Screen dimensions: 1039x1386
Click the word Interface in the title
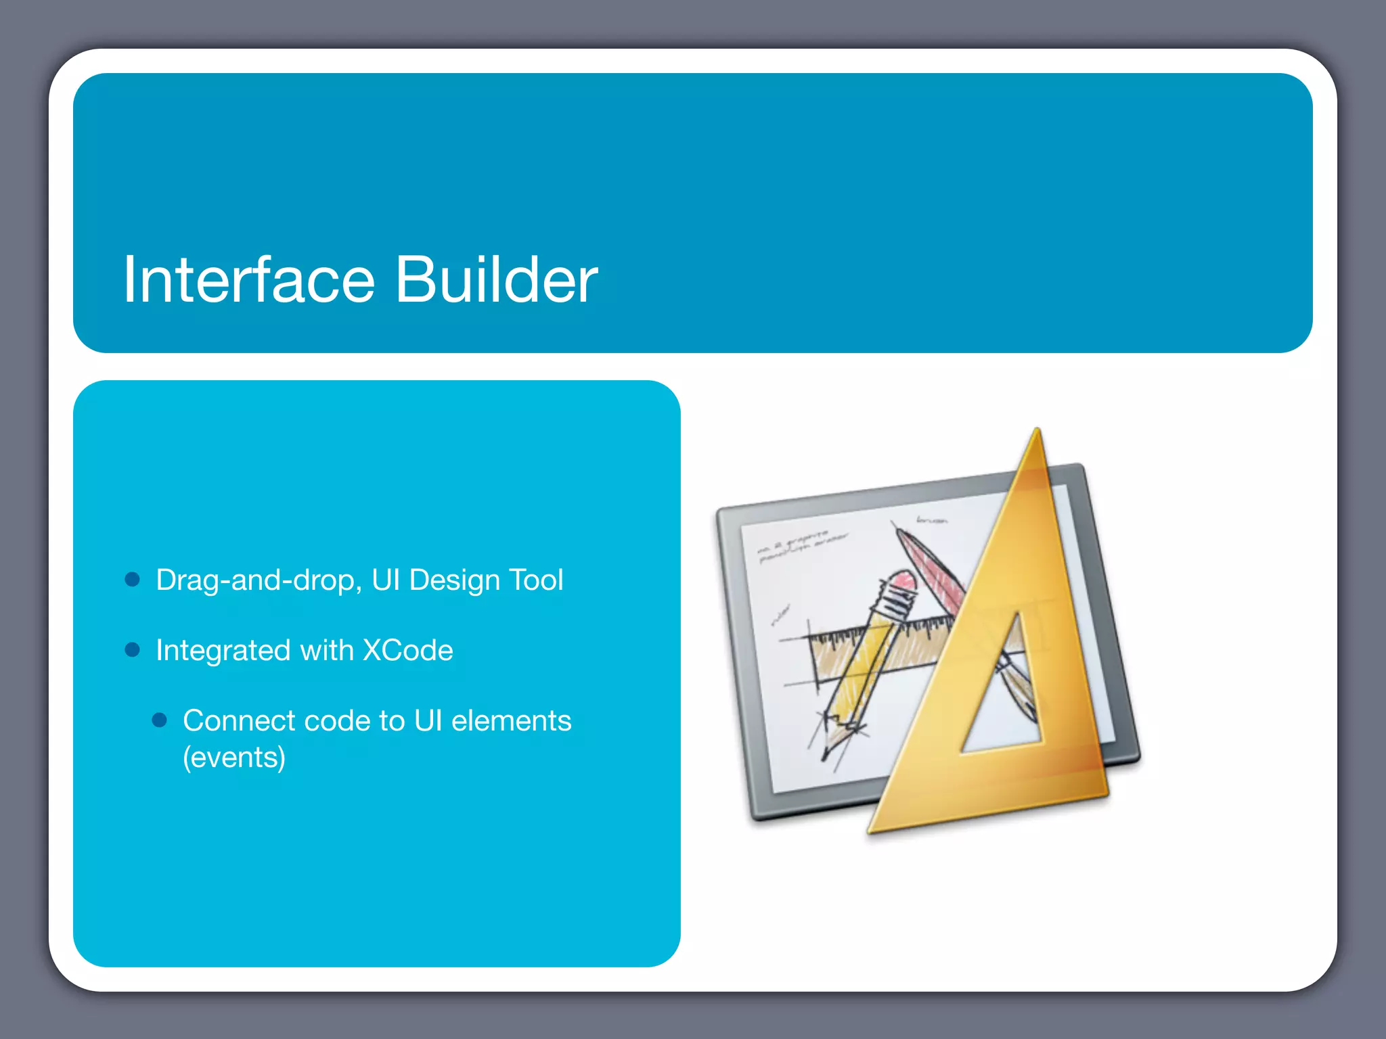click(248, 279)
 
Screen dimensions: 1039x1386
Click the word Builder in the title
click(496, 279)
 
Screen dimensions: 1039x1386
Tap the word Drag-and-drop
click(254, 580)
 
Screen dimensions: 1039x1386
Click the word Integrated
click(223, 651)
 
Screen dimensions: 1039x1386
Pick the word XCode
click(408, 650)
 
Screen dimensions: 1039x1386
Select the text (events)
click(234, 758)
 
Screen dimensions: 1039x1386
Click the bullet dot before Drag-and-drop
click(133, 580)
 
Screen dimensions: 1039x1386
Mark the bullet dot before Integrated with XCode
click(133, 650)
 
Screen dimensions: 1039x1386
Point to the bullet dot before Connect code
click(160, 720)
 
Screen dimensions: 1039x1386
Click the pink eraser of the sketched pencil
click(901, 580)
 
